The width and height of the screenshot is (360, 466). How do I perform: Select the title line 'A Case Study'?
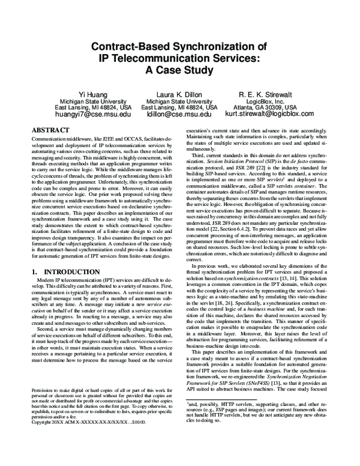[x=179, y=70]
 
